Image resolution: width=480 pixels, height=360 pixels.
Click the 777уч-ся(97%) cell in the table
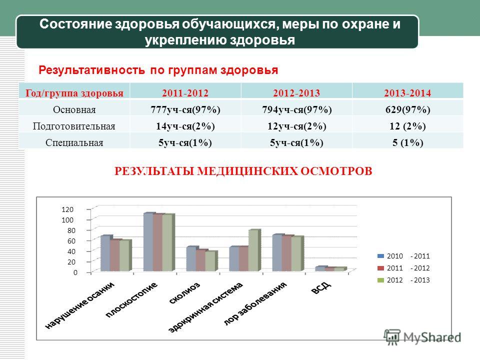click(x=185, y=109)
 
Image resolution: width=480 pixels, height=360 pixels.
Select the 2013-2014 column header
click(x=407, y=93)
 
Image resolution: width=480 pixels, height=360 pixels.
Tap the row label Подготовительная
click(x=74, y=126)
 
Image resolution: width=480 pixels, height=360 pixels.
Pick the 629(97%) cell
click(x=408, y=109)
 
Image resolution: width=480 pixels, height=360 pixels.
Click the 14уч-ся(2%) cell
click(x=185, y=126)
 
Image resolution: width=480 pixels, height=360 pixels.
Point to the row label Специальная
click(x=74, y=142)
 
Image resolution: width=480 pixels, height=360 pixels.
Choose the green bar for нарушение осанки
click(x=125, y=255)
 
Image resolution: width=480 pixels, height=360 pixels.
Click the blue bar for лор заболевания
click(x=278, y=253)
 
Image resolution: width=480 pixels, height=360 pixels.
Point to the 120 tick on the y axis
click(x=67, y=209)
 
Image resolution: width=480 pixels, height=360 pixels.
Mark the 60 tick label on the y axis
click(x=71, y=241)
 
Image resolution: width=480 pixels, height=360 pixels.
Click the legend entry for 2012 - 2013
click(x=403, y=280)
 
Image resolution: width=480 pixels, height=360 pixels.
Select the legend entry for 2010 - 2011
click(x=403, y=256)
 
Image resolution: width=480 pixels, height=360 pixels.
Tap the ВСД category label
click(x=321, y=288)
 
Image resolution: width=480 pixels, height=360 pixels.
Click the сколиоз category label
click(x=184, y=292)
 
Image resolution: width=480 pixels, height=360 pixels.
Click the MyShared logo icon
click(x=392, y=337)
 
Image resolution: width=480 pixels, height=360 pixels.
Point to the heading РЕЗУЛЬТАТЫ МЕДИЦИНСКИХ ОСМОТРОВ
click(x=243, y=171)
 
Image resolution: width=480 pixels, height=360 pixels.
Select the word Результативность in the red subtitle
click(x=92, y=70)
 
